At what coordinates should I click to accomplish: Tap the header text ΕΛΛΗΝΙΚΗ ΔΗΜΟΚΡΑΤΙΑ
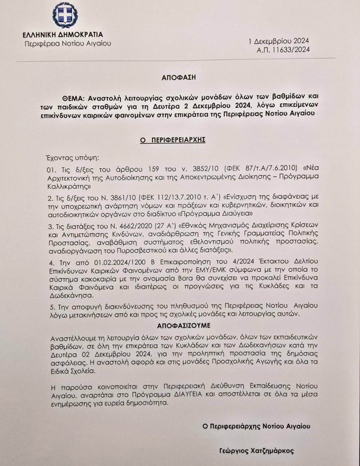click(63, 34)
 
